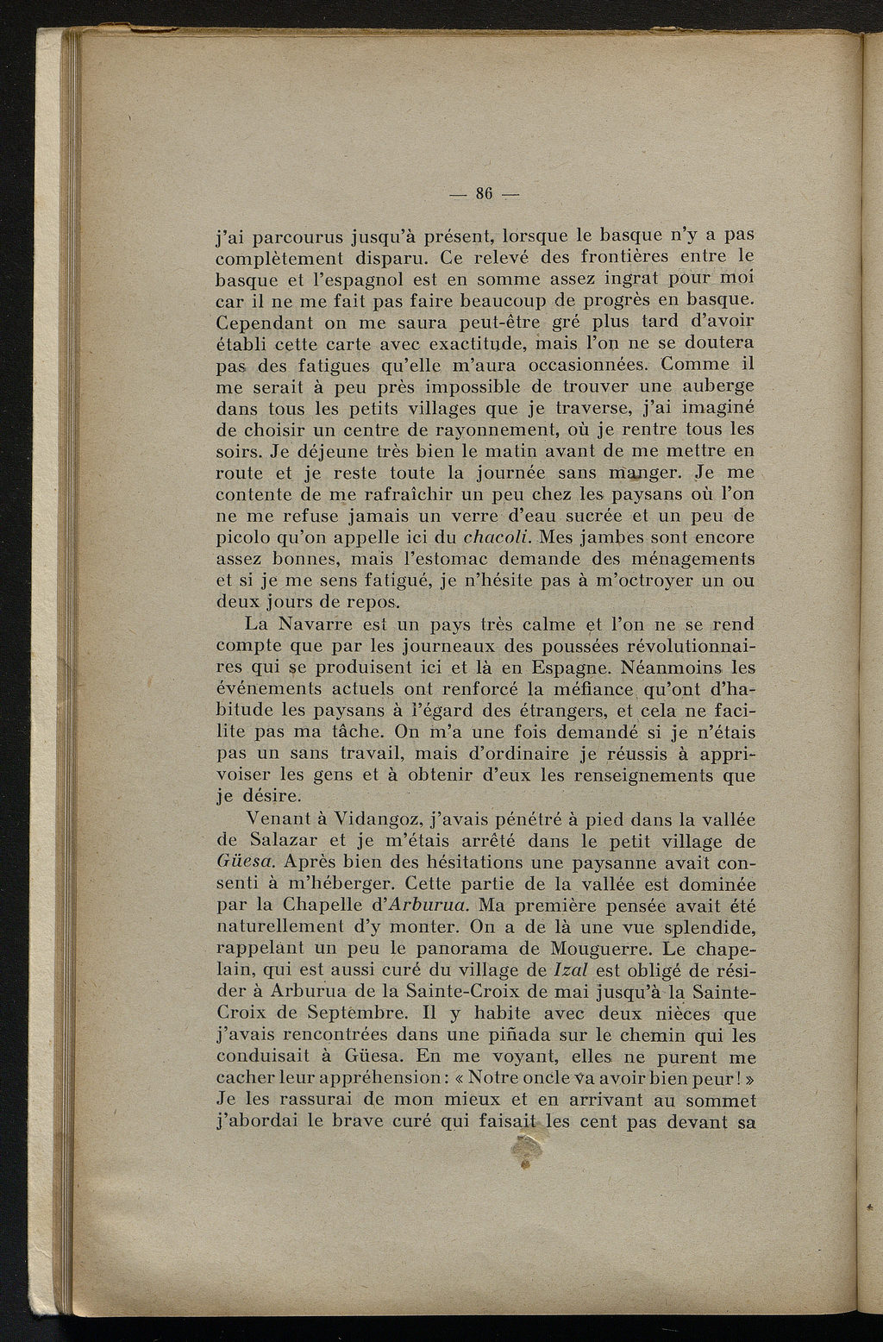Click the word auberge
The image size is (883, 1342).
click(711, 386)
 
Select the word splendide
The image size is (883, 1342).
click(703, 927)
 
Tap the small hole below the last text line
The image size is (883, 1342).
click(523, 1151)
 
